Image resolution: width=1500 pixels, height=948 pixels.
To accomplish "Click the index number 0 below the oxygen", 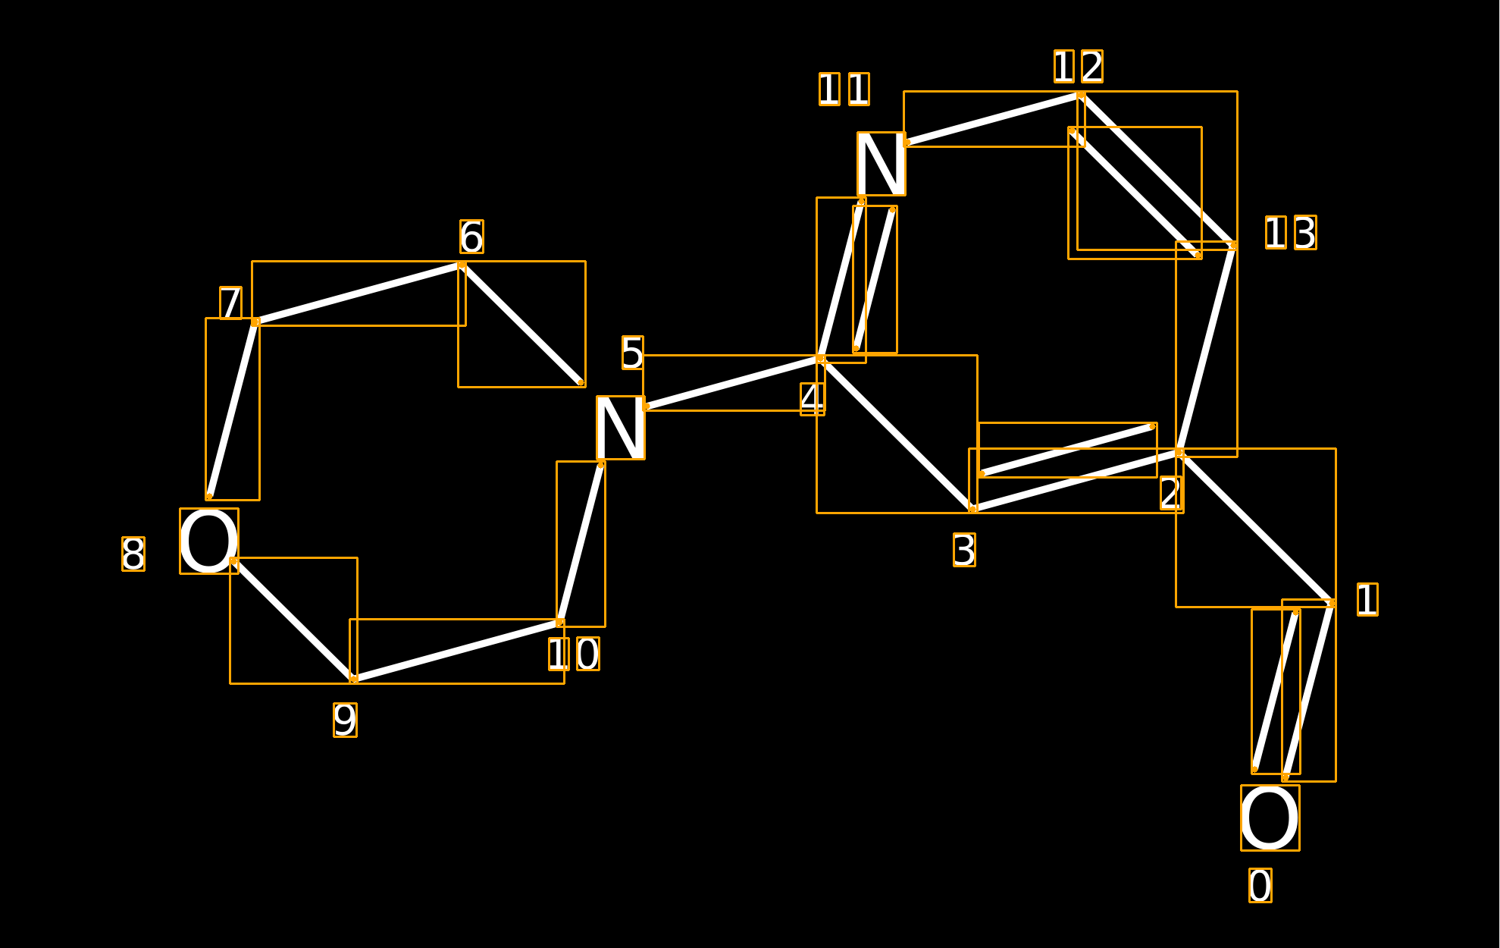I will (1260, 886).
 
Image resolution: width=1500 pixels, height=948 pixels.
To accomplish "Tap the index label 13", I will (1290, 233).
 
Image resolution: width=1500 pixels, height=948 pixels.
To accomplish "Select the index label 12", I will (1078, 67).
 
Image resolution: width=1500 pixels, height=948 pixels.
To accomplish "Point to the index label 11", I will (844, 89).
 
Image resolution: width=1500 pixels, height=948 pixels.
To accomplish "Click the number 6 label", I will (471, 237).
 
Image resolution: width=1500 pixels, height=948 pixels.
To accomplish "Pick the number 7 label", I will (230, 303).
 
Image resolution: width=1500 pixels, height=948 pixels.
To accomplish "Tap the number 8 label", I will (133, 554).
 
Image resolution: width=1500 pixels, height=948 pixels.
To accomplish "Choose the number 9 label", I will (345, 720).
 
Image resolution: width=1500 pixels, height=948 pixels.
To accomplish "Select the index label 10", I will (574, 654).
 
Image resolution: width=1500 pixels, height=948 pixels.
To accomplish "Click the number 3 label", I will (964, 550).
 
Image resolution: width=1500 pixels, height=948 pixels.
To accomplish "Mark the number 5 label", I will (632, 353).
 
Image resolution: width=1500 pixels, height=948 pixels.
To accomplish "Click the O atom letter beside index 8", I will (208, 541).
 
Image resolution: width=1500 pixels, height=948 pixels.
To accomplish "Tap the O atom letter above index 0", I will (1270, 818).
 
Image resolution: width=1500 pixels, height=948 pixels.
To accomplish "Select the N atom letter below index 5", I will (621, 428).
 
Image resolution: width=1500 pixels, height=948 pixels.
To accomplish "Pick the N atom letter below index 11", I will (881, 164).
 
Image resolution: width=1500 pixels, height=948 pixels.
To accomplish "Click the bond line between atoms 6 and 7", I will (359, 294).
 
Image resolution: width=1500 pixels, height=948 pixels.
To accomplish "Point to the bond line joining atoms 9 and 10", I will (457, 651).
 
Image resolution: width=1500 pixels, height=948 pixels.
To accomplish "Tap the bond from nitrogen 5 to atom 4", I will (733, 383).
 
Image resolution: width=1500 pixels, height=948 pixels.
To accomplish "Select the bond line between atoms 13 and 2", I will (1207, 349).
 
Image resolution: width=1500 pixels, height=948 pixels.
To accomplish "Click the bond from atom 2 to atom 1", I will (1256, 528).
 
